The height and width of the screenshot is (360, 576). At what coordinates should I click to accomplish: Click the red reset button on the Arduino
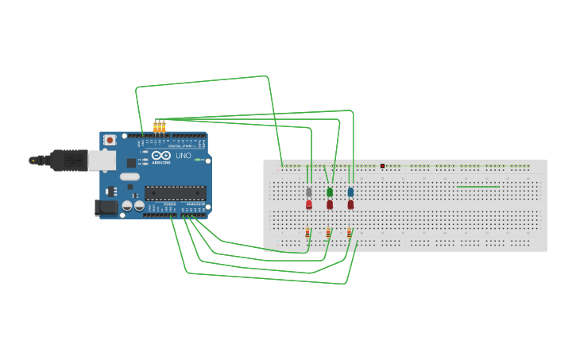click(x=109, y=140)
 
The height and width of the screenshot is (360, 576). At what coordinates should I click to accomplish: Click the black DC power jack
click(x=106, y=207)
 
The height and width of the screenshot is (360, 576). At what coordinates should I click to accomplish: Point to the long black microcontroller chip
click(x=175, y=192)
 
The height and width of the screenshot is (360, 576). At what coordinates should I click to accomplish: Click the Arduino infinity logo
click(x=161, y=156)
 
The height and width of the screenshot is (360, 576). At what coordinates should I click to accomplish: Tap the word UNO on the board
click(x=183, y=156)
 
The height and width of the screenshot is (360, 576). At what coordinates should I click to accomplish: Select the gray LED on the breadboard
click(x=309, y=192)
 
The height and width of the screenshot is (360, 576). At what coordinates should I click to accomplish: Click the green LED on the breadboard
click(x=330, y=192)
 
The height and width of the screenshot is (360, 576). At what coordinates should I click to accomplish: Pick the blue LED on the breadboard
click(x=350, y=192)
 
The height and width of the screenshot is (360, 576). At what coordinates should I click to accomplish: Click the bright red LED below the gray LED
click(x=309, y=204)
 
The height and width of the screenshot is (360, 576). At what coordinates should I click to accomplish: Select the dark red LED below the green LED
click(x=330, y=204)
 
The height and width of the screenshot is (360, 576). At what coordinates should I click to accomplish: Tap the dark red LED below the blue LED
click(x=350, y=204)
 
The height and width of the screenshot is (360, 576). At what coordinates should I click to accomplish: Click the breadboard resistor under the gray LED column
click(x=307, y=233)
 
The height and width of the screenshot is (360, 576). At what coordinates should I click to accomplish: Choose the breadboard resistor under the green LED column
click(x=328, y=233)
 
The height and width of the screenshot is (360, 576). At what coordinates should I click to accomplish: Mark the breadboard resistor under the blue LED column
click(x=349, y=233)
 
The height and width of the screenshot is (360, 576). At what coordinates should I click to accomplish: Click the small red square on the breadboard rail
click(x=383, y=166)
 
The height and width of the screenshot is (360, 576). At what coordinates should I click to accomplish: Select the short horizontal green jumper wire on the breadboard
click(x=478, y=187)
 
